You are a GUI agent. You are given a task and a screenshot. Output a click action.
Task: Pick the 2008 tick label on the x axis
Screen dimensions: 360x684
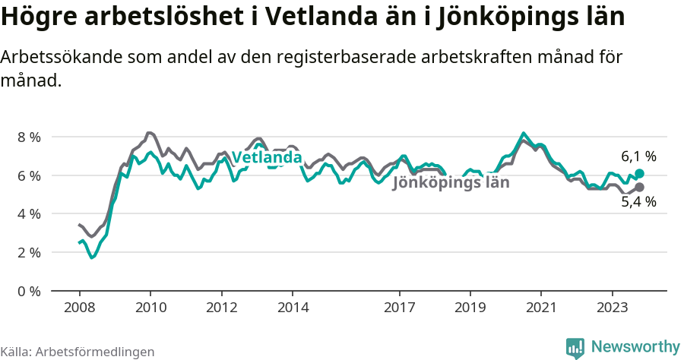(79, 308)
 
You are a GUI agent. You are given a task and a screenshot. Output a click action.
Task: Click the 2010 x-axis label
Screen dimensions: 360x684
(150, 308)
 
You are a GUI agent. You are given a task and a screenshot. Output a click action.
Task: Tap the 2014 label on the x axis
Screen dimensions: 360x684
(293, 308)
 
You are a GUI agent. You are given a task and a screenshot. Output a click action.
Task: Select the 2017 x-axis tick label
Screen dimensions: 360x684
(399, 308)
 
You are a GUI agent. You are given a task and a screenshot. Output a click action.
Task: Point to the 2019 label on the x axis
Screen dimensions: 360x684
(470, 308)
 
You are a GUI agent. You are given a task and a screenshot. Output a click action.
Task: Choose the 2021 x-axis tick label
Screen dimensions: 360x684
(541, 308)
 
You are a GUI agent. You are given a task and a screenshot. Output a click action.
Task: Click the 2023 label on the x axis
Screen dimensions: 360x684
(612, 308)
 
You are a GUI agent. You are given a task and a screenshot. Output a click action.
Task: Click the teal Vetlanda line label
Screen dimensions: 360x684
(267, 158)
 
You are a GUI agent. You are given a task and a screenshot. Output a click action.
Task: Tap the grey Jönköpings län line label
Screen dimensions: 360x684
(451, 182)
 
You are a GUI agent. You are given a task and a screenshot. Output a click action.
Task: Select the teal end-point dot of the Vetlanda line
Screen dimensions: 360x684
(639, 174)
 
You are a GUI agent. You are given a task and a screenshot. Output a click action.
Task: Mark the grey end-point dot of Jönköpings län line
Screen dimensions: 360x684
(639, 187)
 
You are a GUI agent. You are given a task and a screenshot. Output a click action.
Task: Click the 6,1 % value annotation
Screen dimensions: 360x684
(638, 156)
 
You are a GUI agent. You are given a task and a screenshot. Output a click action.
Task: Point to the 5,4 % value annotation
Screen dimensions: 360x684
(638, 202)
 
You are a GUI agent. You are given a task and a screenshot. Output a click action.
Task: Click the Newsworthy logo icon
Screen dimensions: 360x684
(575, 348)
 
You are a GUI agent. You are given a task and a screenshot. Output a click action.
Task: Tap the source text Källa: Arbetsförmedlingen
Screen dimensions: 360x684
(78, 352)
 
